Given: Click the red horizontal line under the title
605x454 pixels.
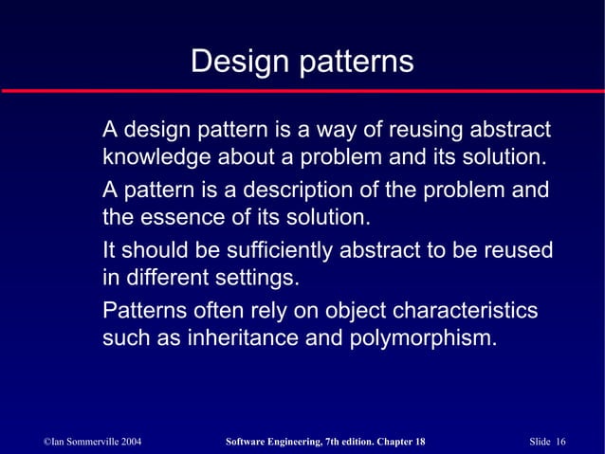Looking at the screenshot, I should (302, 90).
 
